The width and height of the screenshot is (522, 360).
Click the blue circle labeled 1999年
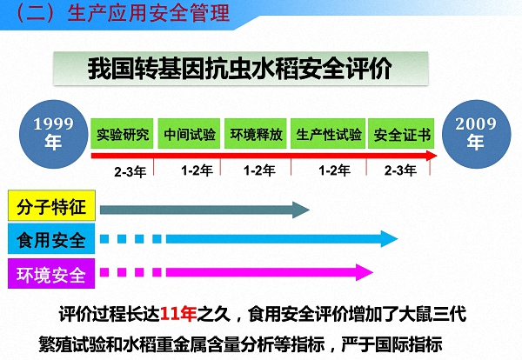54,133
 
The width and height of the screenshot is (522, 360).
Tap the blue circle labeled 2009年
475,133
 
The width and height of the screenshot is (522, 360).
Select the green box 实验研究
123,135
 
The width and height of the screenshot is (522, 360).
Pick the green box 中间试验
189,135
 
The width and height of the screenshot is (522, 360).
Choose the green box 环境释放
256,135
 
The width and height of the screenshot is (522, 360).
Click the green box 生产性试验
328,135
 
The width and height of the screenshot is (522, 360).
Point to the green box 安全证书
401,135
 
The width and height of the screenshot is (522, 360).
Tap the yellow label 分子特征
50,207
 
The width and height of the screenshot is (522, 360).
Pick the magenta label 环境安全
50,275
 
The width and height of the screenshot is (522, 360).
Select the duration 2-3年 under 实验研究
130,171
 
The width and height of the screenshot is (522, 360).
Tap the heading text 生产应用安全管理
153,13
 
